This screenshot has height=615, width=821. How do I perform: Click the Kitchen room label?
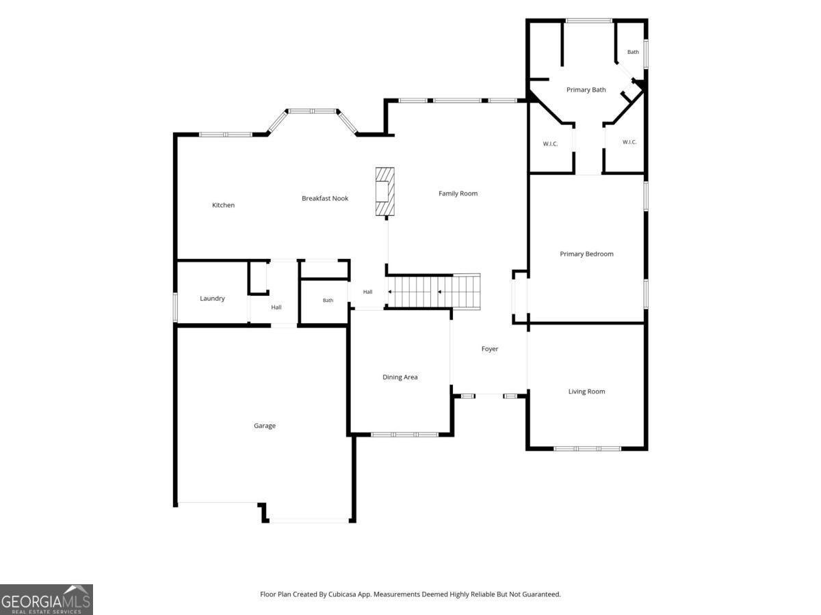click(x=223, y=205)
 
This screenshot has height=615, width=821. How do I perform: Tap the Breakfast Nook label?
click(x=325, y=198)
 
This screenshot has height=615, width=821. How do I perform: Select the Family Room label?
click(x=458, y=193)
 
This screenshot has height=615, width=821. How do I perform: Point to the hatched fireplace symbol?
click(x=385, y=191)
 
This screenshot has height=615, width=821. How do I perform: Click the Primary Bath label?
click(x=586, y=90)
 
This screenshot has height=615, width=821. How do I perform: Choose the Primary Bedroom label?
click(x=586, y=254)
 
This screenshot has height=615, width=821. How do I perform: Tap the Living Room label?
click(x=586, y=392)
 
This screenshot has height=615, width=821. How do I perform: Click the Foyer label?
click(x=490, y=348)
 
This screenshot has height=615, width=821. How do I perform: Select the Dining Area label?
click(x=400, y=377)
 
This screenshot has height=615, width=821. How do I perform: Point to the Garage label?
click(x=265, y=426)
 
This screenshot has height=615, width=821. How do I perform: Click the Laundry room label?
click(x=212, y=299)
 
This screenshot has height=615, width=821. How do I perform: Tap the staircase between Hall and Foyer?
click(x=434, y=292)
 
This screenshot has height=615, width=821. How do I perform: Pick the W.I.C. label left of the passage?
click(x=550, y=143)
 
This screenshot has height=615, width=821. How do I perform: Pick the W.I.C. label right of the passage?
click(x=629, y=142)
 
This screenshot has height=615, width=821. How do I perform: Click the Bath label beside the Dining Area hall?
click(x=328, y=300)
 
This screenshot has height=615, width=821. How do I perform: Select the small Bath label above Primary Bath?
click(x=633, y=52)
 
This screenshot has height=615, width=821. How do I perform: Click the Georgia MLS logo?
click(x=47, y=600)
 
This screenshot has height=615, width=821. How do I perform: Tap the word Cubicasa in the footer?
click(x=342, y=594)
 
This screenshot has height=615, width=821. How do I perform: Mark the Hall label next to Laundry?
click(x=276, y=307)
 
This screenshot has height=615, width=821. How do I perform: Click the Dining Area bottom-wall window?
click(x=404, y=435)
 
